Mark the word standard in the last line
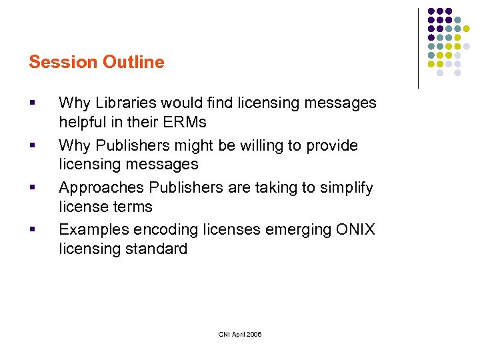pos(159,249)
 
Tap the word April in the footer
pos(236,334)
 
